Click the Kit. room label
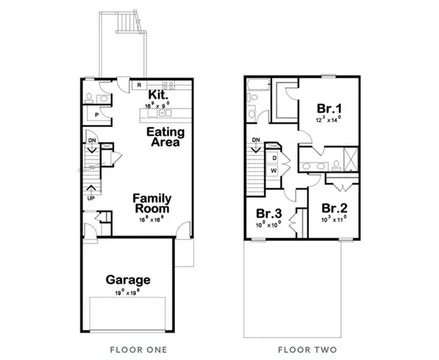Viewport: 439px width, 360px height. coord(158,95)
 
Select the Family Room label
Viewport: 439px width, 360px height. coord(152,203)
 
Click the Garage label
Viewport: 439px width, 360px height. coord(128,280)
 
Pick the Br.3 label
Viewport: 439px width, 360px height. coord(269,214)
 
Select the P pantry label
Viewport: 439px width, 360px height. coord(97,116)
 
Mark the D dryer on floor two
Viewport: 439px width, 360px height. coord(274,157)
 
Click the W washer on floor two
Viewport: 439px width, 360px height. coord(274,170)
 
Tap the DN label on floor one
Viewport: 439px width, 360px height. coord(91,139)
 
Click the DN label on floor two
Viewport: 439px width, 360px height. coord(255,140)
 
